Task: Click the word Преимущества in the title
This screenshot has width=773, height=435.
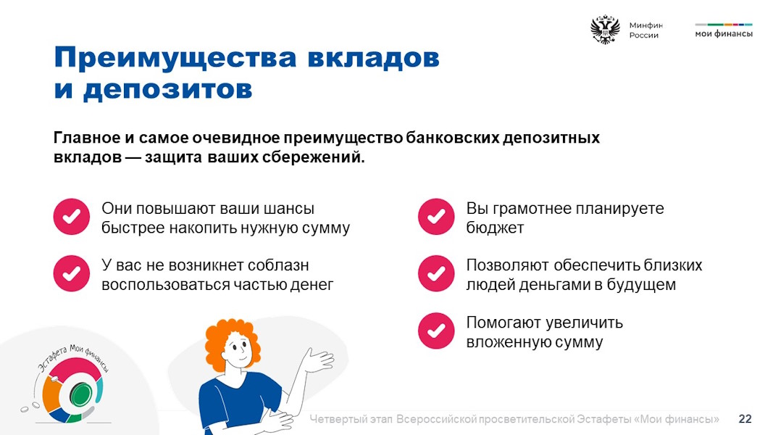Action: [x=175, y=59]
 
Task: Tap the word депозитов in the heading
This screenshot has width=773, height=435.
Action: [x=167, y=90]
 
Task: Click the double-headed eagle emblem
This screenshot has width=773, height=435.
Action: [x=605, y=30]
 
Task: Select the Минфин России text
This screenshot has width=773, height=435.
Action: [x=645, y=30]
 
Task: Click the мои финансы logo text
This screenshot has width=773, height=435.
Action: [x=724, y=33]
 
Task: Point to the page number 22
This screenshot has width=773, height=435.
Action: [x=745, y=419]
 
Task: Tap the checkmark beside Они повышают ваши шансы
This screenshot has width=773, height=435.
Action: [x=72, y=217]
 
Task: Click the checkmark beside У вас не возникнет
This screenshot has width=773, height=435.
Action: [x=72, y=273]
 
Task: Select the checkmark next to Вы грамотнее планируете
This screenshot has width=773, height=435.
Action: [x=436, y=217]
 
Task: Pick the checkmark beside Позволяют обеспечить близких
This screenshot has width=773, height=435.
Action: [x=436, y=273]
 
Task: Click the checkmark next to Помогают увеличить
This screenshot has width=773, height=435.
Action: [x=436, y=331]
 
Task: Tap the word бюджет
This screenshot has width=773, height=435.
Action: [x=495, y=228]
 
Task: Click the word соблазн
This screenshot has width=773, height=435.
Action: [x=278, y=265]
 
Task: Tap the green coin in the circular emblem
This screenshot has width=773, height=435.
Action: [x=81, y=394]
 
